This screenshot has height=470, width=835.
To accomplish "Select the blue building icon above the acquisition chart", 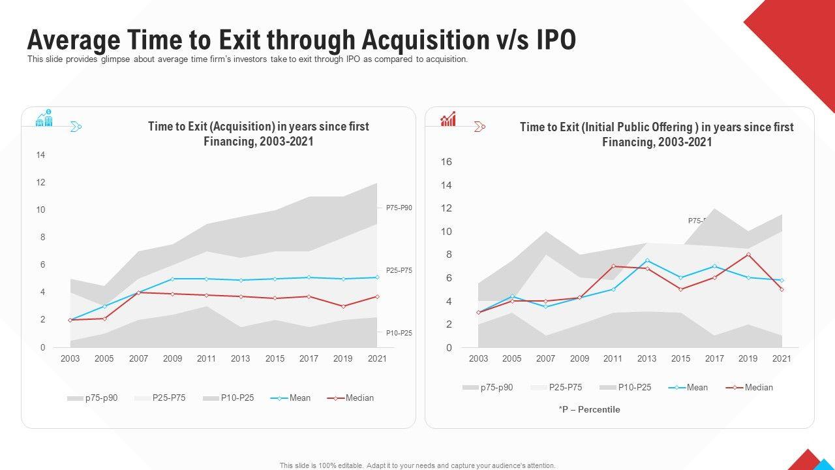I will (x=44, y=118).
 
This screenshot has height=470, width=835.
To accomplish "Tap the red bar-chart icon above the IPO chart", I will (x=448, y=119).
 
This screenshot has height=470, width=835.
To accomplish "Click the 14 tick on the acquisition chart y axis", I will (x=40, y=155).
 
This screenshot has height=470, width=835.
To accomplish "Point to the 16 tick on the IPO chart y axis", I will (x=446, y=162).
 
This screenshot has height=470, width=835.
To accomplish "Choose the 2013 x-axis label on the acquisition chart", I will (x=241, y=358).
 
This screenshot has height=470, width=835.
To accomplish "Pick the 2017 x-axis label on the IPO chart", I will (x=714, y=358).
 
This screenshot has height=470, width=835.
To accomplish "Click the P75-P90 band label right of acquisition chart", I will (x=399, y=208).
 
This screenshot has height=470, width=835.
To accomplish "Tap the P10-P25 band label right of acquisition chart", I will (x=399, y=333).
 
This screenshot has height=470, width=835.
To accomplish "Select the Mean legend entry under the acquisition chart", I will (x=300, y=398).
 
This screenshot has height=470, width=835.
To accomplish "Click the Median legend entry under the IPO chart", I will (x=759, y=387).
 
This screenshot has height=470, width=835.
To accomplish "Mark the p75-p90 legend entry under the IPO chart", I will (x=496, y=387).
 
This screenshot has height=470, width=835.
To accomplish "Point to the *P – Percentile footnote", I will (x=589, y=409).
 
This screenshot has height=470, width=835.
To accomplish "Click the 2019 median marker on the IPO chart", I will (x=748, y=255).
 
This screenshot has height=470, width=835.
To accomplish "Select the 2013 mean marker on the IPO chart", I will (x=646, y=260).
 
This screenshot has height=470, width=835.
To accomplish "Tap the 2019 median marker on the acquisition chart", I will (x=343, y=306).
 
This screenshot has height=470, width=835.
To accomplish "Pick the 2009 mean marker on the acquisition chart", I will (x=173, y=279).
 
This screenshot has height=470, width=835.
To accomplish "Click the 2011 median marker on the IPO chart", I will (x=613, y=266).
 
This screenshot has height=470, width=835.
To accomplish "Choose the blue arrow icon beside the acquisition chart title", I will (x=76, y=127).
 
